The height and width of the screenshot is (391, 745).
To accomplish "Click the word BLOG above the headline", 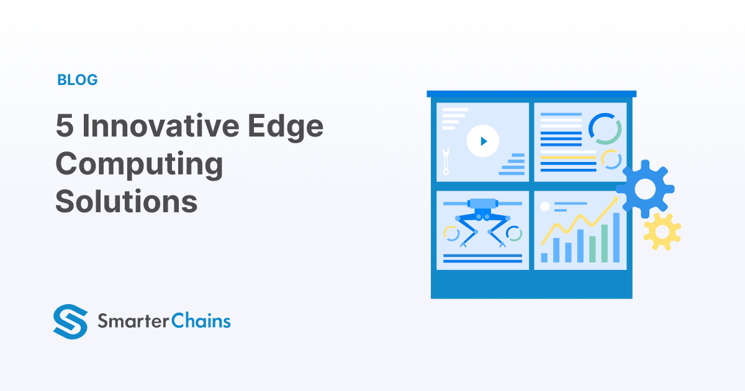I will tap(78, 80).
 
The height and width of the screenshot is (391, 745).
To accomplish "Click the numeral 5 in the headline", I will tap(64, 127).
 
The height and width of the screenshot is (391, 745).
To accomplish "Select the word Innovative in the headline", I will tap(161, 127).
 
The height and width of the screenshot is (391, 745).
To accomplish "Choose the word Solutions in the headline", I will tap(127, 202).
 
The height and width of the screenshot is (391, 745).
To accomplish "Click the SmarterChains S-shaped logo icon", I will tap(70, 321).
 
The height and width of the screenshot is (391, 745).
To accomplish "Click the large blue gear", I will tap(645, 189).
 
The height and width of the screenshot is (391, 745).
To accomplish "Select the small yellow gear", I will tap(662, 231).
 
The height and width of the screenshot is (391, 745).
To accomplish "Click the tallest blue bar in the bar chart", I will tap(616, 238).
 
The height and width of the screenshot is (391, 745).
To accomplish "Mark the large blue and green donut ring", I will tap(605, 128).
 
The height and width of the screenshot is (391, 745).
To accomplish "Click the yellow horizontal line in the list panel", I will tap(568, 158).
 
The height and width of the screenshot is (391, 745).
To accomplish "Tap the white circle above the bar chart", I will tap(545, 206).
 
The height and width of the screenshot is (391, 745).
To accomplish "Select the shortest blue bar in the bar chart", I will tap(544, 257).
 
